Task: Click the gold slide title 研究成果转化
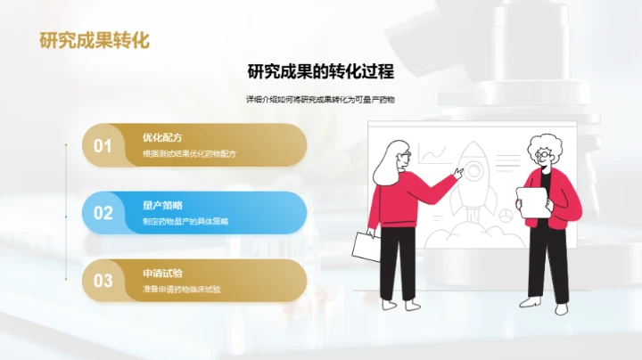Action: (x=95, y=40)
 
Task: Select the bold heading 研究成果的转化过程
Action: (x=321, y=71)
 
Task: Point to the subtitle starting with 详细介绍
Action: (x=320, y=100)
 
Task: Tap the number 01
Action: (x=103, y=146)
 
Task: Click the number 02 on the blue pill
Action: (x=103, y=213)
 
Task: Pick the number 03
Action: (x=103, y=281)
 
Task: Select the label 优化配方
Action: (x=162, y=138)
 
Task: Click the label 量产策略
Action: (x=162, y=205)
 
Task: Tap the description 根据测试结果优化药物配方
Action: (x=189, y=154)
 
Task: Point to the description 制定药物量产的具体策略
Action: (x=185, y=221)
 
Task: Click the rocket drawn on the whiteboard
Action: (x=471, y=183)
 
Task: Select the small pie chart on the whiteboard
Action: (x=505, y=215)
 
